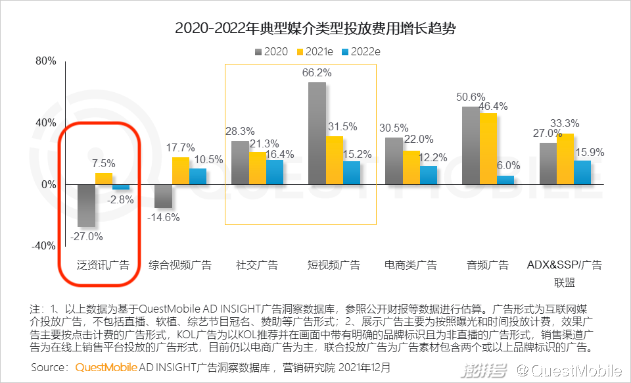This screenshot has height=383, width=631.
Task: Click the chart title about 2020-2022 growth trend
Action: click(315, 29)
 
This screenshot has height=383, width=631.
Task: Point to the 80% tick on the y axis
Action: click(45, 61)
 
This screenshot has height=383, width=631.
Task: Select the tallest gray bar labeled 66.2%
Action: click(317, 134)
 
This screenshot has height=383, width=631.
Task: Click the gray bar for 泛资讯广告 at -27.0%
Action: click(87, 205)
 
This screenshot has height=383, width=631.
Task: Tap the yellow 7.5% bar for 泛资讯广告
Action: click(104, 179)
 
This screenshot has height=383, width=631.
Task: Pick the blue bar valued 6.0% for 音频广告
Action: click(505, 180)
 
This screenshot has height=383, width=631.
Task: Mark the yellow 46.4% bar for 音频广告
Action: click(488, 149)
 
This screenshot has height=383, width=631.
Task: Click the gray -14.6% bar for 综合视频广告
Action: click(164, 196)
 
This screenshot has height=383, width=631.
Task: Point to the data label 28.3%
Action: click(240, 130)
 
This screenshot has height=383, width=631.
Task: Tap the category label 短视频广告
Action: click(334, 265)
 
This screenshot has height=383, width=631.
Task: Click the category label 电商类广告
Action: click(411, 265)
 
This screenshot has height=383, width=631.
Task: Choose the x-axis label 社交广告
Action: click(257, 265)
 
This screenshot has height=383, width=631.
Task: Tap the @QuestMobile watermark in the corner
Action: click(569, 371)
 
